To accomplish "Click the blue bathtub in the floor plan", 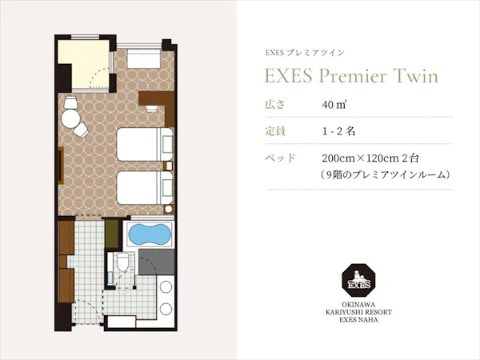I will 150,236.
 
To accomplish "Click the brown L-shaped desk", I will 156,100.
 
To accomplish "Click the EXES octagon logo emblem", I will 354,281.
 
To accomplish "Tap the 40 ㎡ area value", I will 334,105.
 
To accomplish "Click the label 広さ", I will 274,105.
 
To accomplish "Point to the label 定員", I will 274,130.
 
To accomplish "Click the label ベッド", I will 280,158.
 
